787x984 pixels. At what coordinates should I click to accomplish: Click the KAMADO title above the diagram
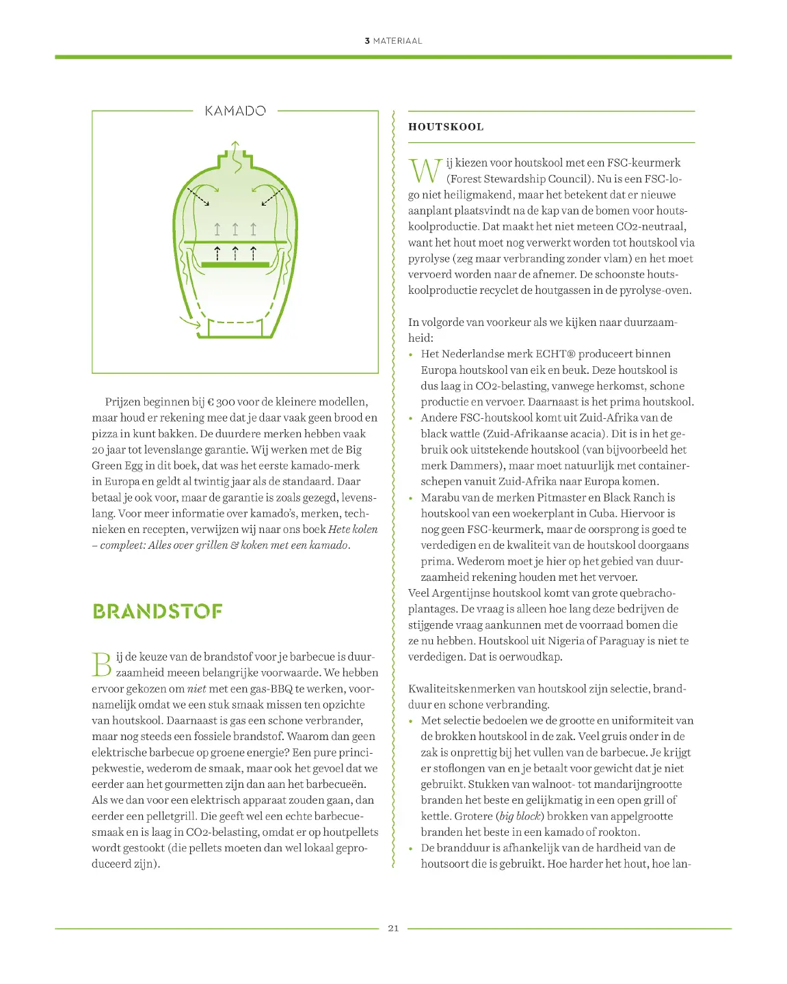[235, 111]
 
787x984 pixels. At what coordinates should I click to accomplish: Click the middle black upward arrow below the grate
[235, 253]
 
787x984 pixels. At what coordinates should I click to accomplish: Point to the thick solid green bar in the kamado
[235, 264]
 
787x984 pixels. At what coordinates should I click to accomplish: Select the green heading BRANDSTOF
[158, 611]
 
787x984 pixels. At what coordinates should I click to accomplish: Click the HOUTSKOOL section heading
[446, 127]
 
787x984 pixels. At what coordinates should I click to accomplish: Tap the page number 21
[393, 928]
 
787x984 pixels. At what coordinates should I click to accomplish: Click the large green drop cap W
[425, 171]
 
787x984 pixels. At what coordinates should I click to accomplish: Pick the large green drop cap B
[102, 664]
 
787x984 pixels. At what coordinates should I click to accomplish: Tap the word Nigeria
[565, 641]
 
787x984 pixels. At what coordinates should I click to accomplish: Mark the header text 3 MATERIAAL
[393, 41]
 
